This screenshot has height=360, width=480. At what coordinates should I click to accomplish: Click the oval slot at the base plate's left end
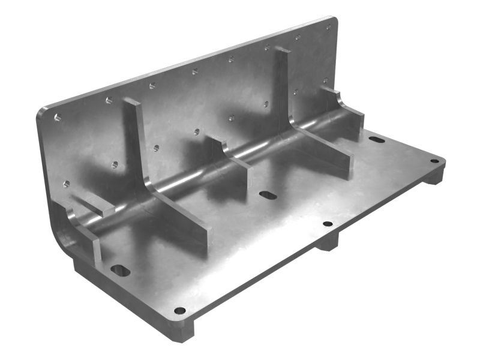coord(120,270)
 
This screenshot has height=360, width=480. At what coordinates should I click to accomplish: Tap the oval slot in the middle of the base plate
coord(266,195)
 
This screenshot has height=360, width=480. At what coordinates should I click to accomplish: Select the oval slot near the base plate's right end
coord(376,139)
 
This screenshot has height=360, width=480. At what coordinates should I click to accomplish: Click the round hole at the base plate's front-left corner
coord(179,311)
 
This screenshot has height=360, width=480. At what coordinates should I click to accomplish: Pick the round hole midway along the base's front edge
coord(328,224)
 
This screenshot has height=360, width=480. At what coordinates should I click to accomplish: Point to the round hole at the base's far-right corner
coord(434,161)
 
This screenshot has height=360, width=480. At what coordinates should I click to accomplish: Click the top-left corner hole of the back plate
coord(58,117)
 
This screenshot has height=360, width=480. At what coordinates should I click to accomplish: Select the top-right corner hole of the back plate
coord(328,27)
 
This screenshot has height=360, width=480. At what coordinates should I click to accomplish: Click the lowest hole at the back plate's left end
coord(66,184)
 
